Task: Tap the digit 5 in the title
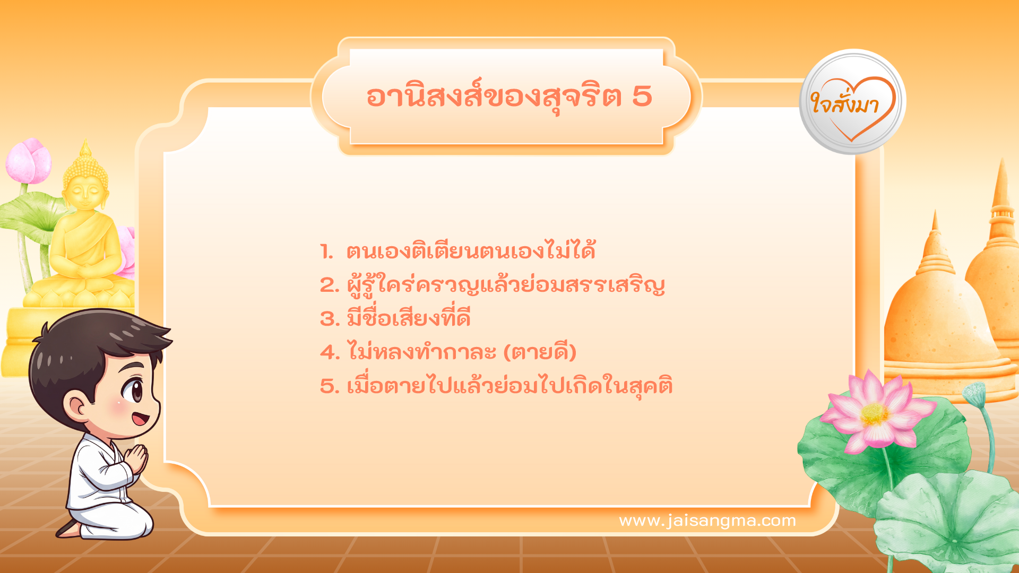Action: [x=642, y=97]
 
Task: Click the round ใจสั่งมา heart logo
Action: [x=852, y=102]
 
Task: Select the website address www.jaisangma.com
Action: [x=707, y=520]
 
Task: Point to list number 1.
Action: [x=327, y=251]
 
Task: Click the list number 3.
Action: [x=330, y=319]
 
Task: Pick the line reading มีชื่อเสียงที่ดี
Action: [x=409, y=318]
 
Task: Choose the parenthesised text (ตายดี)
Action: [x=540, y=352]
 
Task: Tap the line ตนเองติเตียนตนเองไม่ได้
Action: [x=471, y=251]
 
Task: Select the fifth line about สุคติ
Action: [x=509, y=386]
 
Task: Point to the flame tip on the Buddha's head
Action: [x=85, y=146]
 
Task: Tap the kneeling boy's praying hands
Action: [x=137, y=458]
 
